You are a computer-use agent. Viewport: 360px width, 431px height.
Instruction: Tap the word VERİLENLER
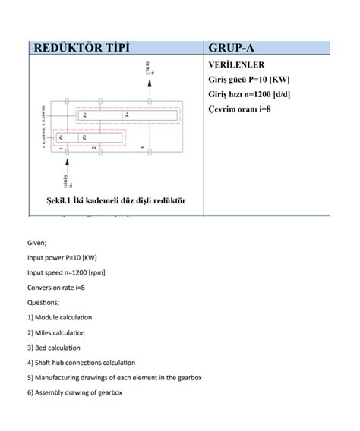point(235,64)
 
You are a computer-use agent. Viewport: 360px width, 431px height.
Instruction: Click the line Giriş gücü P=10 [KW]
point(248,79)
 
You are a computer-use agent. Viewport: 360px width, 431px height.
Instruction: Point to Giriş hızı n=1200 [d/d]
point(249,94)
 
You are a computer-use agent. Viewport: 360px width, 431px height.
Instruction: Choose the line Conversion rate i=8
point(55,288)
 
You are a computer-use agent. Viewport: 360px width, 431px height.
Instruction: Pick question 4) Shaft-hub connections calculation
point(81,363)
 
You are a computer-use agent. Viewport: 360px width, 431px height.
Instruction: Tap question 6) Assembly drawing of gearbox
point(74,392)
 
